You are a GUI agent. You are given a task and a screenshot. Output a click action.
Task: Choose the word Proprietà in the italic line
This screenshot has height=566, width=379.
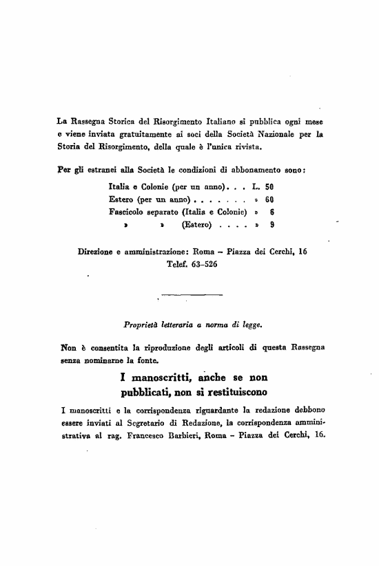(x=142, y=321)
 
